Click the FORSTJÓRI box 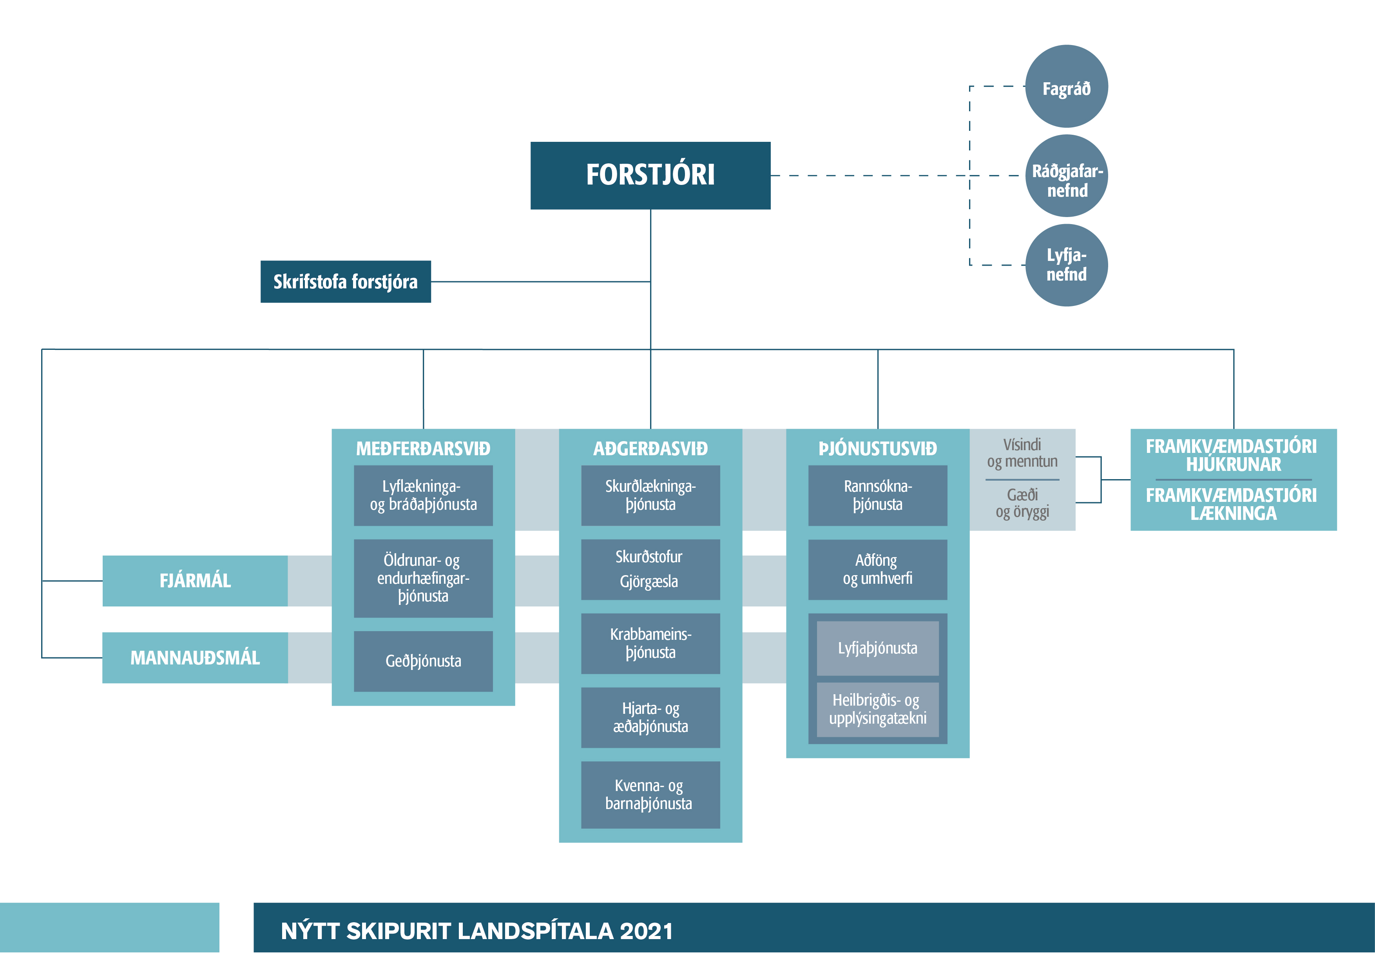(x=650, y=175)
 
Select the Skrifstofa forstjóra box (x=346, y=281)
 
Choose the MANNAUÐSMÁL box (x=195, y=657)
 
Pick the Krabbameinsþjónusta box (x=650, y=643)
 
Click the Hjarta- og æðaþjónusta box (x=650, y=717)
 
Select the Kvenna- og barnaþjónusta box (x=650, y=795)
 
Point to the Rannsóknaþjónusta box (x=877, y=495)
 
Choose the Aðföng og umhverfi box (x=877, y=570)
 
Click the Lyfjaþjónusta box (x=877, y=648)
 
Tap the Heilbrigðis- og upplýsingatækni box (x=877, y=710)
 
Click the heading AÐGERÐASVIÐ (x=650, y=449)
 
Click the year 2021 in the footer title (x=647, y=931)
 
